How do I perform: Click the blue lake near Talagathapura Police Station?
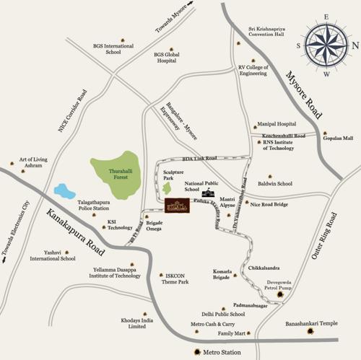coord(64,192)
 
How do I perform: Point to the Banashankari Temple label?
coord(310,324)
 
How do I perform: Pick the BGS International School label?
coord(113,49)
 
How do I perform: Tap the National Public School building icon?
coord(209,193)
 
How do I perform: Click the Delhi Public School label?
coord(223,315)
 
